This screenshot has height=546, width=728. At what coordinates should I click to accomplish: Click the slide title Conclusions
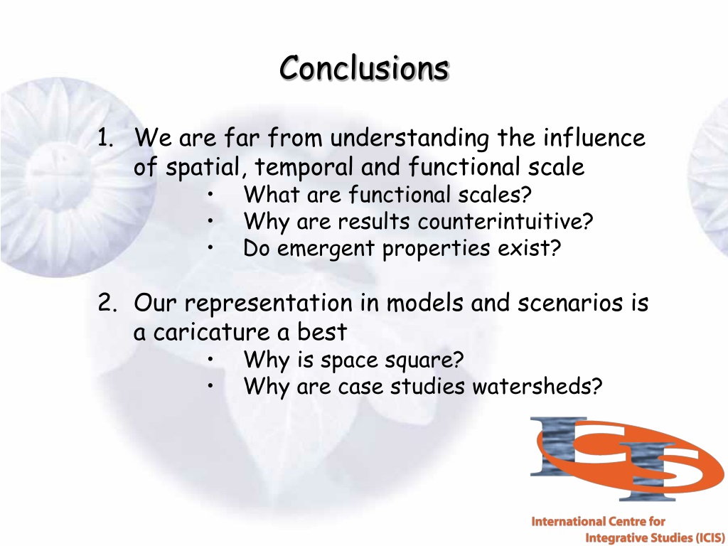click(365, 68)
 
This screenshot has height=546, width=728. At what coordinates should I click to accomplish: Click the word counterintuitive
click(505, 221)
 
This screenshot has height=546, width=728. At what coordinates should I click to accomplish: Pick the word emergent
click(326, 249)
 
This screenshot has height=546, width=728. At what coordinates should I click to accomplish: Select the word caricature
click(211, 332)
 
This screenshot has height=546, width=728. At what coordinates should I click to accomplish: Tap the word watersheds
click(537, 386)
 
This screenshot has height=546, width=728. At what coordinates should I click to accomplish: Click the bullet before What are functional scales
click(210, 195)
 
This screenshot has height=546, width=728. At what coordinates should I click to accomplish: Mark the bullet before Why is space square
click(210, 359)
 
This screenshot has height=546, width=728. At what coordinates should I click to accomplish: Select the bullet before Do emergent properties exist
click(210, 248)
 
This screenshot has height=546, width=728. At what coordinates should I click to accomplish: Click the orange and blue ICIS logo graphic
click(626, 459)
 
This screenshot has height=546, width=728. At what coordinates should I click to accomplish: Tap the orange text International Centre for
click(598, 522)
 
